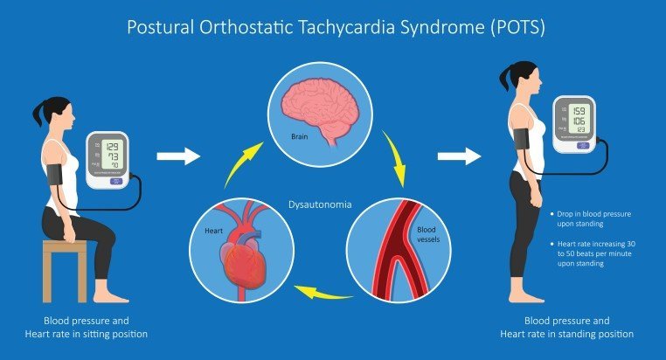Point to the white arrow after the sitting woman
coord(177,157)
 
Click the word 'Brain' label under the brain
coord(302,137)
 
